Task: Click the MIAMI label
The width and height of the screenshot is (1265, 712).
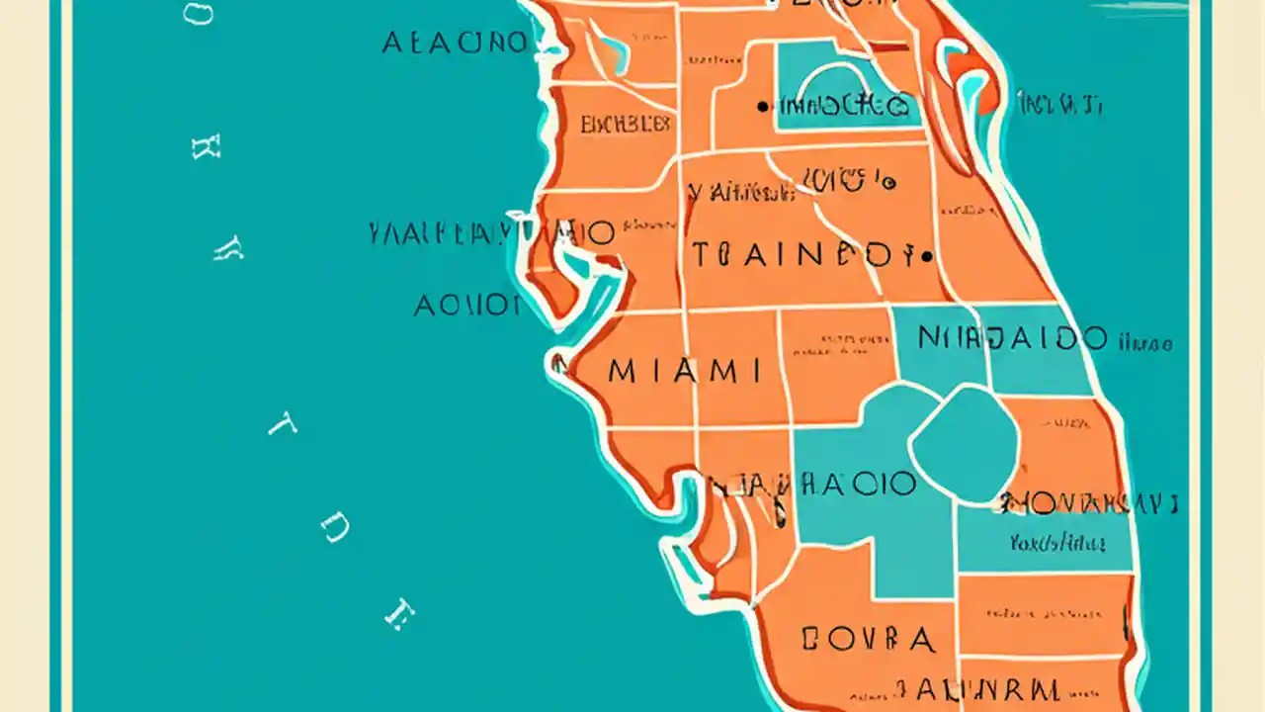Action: [685, 372]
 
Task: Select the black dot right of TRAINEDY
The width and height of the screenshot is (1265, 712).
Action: [926, 256]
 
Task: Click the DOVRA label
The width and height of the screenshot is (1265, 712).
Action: [868, 640]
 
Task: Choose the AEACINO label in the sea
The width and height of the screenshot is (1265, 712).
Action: [454, 43]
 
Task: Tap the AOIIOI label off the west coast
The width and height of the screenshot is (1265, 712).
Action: [466, 306]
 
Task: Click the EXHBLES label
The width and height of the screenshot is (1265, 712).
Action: [626, 125]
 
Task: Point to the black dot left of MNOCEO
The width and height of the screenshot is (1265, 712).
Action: [761, 106]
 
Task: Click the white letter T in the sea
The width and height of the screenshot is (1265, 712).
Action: [283, 426]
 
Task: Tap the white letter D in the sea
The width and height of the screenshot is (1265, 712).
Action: [335, 530]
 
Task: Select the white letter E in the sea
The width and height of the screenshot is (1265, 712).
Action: [398, 614]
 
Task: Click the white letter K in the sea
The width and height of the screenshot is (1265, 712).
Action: [206, 147]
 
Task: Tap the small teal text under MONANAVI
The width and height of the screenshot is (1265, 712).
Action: [1057, 542]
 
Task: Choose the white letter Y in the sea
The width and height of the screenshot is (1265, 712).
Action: [228, 249]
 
